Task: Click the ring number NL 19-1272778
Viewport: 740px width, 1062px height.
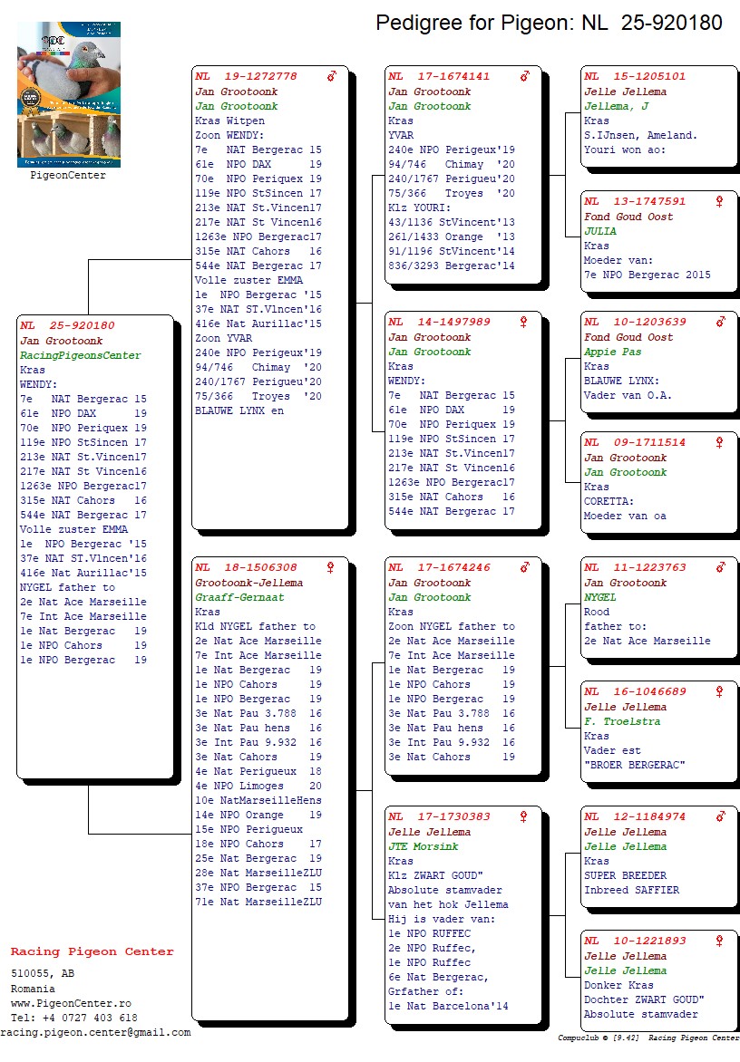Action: click(x=247, y=77)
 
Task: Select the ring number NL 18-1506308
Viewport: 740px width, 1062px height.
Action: click(x=247, y=568)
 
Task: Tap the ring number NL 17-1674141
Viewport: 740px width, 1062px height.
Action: click(x=440, y=77)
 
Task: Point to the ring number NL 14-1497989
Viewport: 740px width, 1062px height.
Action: click(x=440, y=323)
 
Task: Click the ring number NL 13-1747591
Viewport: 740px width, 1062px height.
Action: click(x=635, y=202)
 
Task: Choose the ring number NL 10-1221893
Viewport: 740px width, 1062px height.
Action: click(x=635, y=941)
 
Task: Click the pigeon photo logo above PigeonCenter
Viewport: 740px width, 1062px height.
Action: click(x=69, y=94)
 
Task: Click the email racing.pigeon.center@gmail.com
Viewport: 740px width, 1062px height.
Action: click(x=95, y=1032)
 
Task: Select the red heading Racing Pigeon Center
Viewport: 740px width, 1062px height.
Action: click(x=92, y=952)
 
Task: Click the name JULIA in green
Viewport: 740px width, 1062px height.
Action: click(x=600, y=231)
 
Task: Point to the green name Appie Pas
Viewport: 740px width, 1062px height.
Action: click(x=612, y=352)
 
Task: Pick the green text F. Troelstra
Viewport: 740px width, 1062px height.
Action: click(x=622, y=721)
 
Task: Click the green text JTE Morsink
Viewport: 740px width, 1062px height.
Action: click(x=424, y=846)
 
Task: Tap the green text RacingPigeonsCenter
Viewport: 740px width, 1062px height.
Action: click(x=81, y=355)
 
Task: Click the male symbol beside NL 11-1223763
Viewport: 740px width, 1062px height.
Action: click(x=720, y=567)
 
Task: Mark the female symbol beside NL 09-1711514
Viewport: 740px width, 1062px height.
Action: click(x=720, y=442)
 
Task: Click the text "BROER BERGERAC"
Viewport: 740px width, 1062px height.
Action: click(x=635, y=765)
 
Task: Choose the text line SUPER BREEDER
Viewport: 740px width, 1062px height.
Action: click(x=626, y=875)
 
